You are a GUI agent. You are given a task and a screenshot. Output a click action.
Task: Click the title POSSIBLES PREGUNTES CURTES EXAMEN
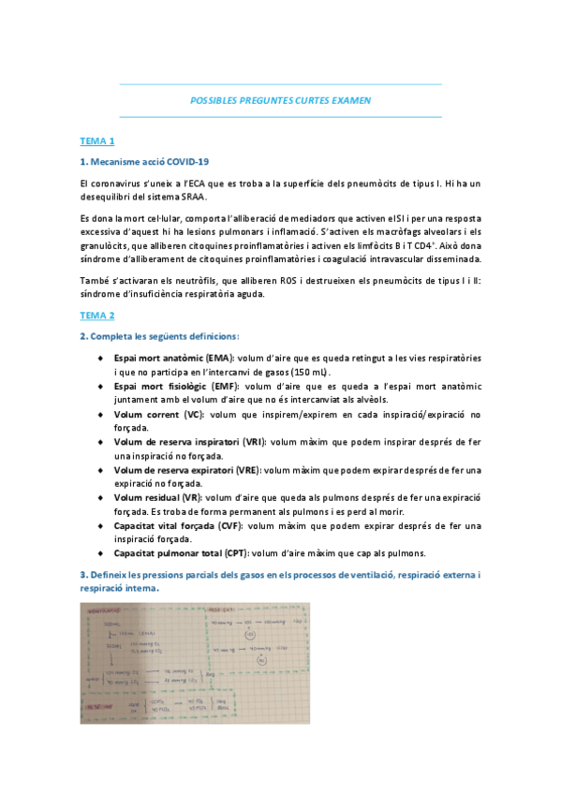[x=281, y=99]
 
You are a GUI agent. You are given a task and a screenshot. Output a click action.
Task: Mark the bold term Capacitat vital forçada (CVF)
[x=174, y=525]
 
